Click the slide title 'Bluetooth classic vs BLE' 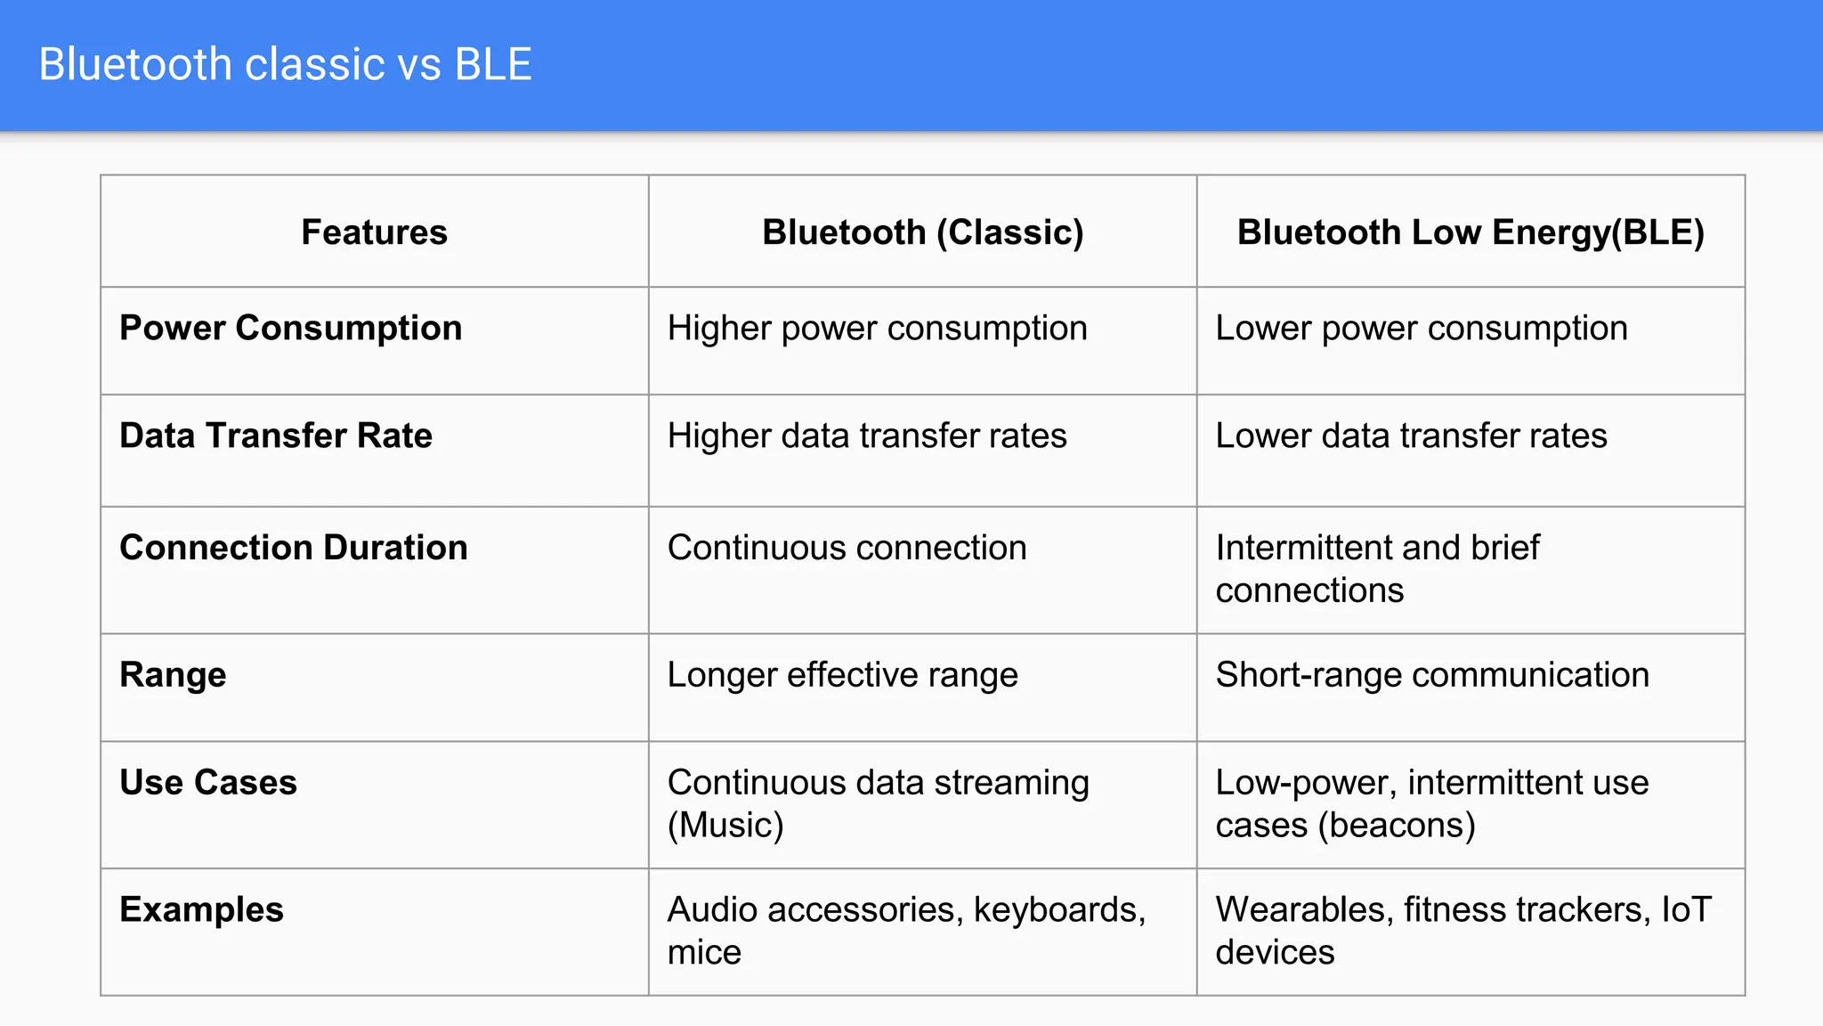pos(285,64)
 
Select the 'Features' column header pos(374,232)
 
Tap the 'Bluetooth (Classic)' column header pos(922,232)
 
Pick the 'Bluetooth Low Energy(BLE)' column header pos(1471,232)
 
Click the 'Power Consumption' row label pos(290,328)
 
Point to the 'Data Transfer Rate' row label pos(276,436)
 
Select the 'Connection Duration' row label pos(293,548)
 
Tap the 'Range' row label pos(173,675)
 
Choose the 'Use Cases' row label pos(208,783)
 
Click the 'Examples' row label pos(201,910)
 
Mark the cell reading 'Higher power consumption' pos(877,329)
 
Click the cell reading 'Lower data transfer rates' pos(1411,436)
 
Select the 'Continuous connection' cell pos(847,548)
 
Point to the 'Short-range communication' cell pos(1432,675)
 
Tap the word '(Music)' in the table pos(725,826)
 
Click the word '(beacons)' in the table pos(1397,826)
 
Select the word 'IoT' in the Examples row pos(1686,910)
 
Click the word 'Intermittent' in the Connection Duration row pos(1305,548)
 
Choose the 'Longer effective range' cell pos(842,675)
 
